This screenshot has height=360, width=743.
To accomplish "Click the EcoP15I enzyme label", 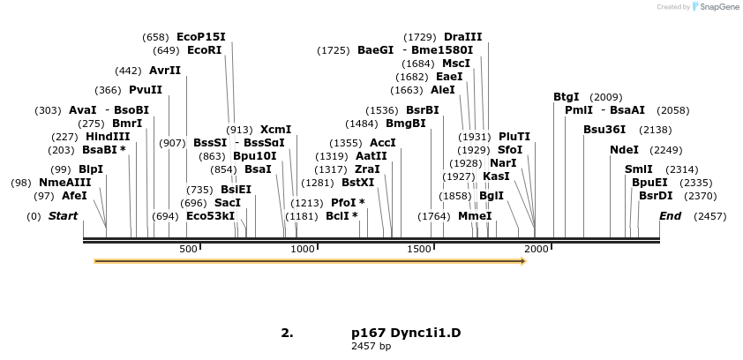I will click(201, 37).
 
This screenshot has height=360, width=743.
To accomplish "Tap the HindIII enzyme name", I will click(108, 137).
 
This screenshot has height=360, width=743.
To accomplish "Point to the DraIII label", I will click(463, 37).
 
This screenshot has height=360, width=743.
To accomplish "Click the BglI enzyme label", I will click(492, 196).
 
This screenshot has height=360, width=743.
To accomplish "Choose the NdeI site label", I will click(624, 150).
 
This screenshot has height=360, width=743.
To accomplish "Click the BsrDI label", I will click(656, 196).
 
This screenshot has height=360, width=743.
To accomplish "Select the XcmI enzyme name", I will click(275, 130).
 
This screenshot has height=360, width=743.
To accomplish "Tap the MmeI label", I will click(475, 216).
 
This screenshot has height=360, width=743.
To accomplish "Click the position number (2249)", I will click(666, 150).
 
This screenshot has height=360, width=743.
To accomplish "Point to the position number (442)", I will click(129, 71).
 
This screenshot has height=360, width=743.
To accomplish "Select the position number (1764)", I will click(434, 216).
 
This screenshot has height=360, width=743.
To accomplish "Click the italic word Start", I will click(63, 216).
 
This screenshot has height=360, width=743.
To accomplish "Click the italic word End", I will click(671, 216).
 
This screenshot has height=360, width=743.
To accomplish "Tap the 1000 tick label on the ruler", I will click(304, 250).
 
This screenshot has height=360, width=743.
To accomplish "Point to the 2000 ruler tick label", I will click(537, 250).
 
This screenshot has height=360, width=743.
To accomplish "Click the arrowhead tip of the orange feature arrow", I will click(525, 261).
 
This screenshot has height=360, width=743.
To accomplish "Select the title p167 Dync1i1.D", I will click(406, 333).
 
